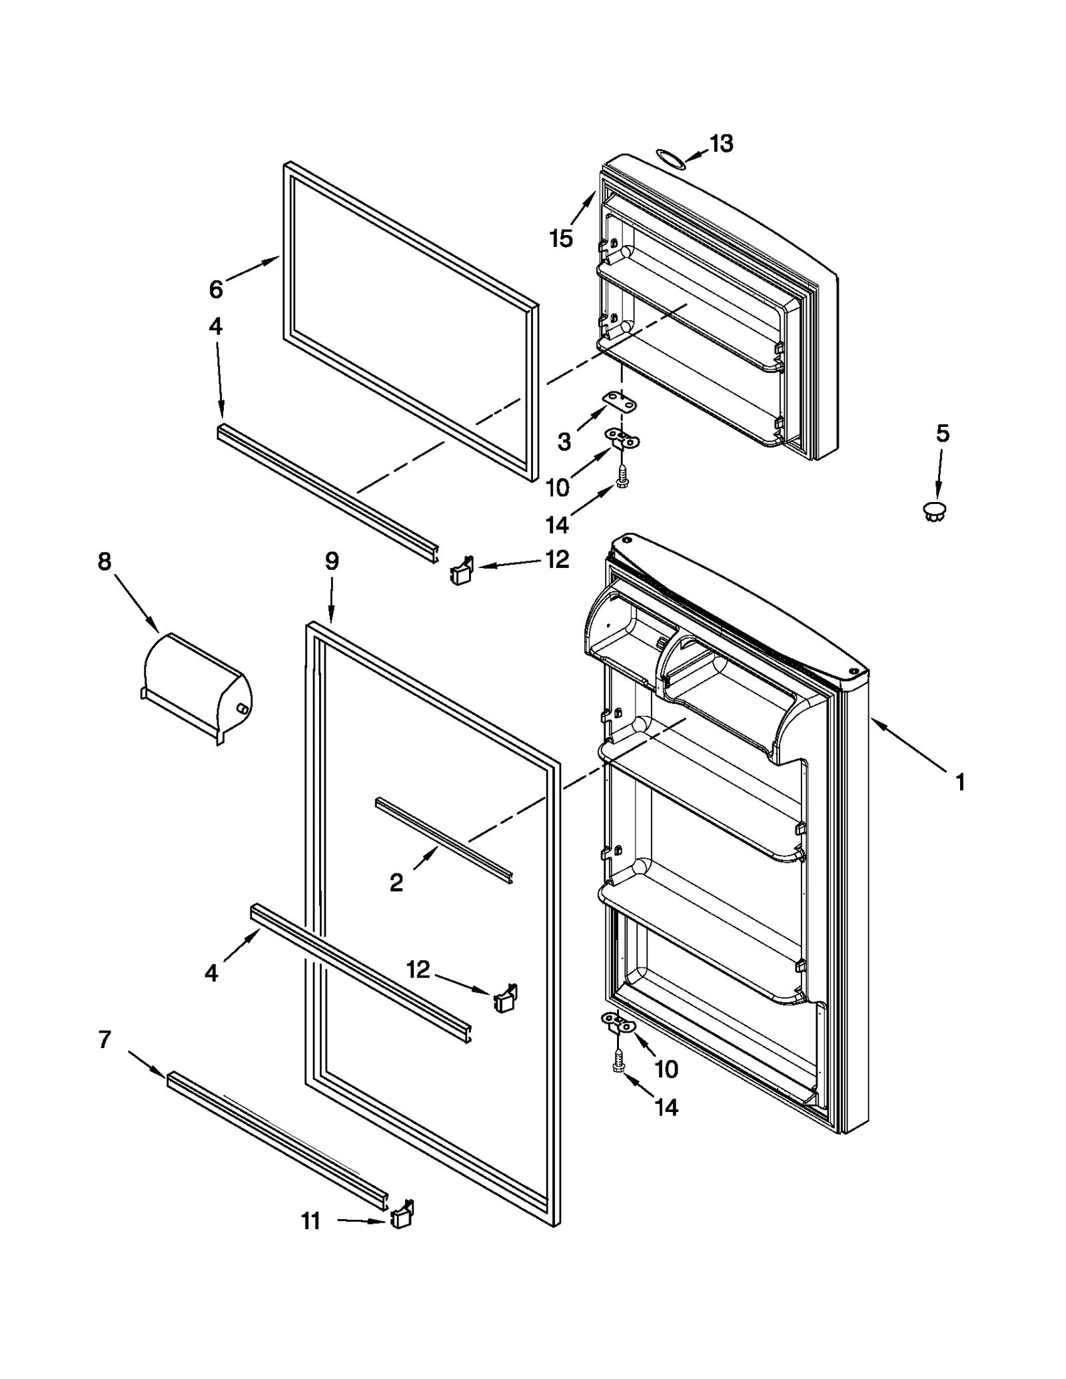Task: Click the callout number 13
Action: click(722, 143)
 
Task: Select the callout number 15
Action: click(561, 238)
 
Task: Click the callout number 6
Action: click(216, 289)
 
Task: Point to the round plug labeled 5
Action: click(935, 511)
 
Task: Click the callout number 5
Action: click(942, 433)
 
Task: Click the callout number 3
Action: click(564, 441)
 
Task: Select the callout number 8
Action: click(105, 561)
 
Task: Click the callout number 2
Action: click(396, 883)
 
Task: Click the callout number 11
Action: click(311, 1221)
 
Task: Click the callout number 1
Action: click(960, 782)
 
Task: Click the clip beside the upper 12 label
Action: click(462, 571)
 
